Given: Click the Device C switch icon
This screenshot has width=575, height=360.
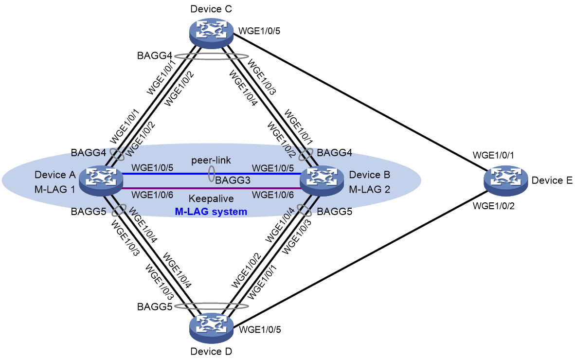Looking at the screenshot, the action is click(211, 34).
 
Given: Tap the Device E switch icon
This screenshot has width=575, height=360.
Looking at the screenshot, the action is click(506, 180).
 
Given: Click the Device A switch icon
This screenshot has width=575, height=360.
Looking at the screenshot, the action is click(101, 180).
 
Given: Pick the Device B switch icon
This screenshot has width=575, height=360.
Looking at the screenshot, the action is click(322, 180).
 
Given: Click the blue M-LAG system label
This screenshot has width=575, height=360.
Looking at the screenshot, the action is click(211, 212).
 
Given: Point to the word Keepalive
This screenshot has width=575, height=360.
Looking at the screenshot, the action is click(211, 198).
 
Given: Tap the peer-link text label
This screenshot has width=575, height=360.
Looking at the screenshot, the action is click(211, 160).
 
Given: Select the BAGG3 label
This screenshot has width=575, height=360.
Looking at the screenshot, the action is click(233, 180).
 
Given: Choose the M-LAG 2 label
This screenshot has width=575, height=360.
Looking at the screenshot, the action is click(369, 189).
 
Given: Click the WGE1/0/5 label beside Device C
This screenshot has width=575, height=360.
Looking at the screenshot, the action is click(259, 31).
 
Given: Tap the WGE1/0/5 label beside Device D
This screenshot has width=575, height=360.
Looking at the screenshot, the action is click(260, 329).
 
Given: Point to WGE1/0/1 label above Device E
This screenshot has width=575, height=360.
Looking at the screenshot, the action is click(493, 155).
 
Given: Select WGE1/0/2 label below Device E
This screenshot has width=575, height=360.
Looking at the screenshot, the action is click(494, 206).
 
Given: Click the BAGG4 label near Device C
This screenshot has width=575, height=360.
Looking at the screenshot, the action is click(154, 56).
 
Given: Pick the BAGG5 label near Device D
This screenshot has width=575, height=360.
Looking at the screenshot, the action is click(154, 306).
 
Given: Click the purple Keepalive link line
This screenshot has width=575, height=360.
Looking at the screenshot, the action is click(211, 188).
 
